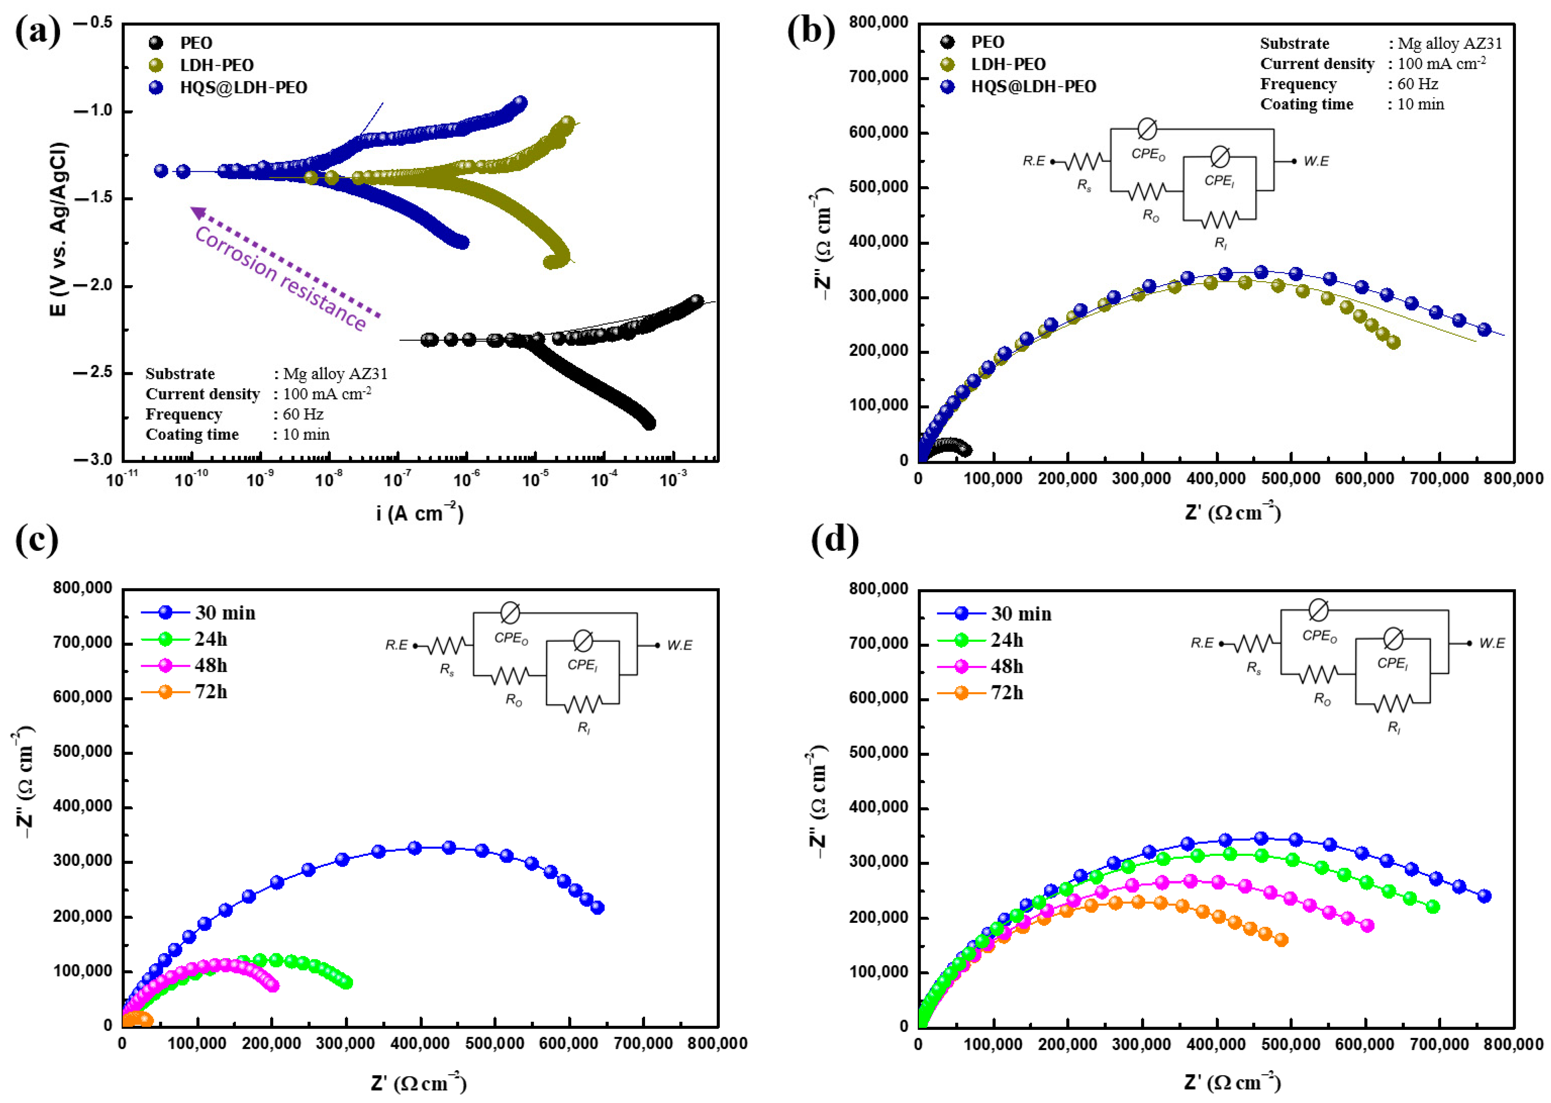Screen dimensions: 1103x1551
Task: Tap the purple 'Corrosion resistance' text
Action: [280, 278]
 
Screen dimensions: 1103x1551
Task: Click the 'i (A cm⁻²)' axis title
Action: [420, 513]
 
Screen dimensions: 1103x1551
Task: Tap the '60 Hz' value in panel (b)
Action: [1417, 84]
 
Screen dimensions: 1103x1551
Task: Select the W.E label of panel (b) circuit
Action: [1316, 161]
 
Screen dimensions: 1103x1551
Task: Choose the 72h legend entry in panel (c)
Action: [210, 691]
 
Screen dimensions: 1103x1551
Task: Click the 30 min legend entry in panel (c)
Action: [225, 613]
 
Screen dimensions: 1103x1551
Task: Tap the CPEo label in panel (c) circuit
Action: [511, 639]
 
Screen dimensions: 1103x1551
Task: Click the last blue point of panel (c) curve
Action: [598, 908]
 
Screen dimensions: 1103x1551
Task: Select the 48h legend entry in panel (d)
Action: [1007, 666]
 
